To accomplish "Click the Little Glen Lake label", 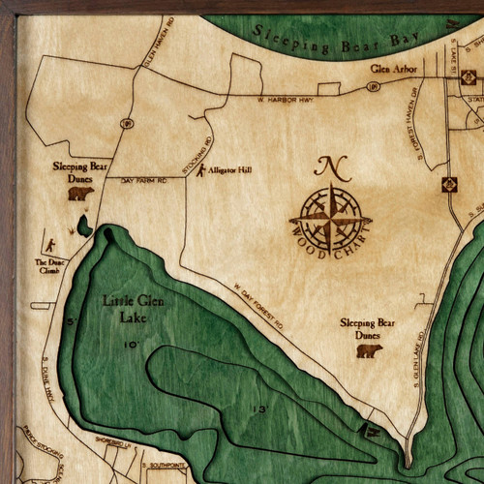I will [x=129, y=308].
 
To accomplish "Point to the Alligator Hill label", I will [x=230, y=170].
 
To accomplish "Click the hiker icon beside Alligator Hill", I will [x=200, y=172].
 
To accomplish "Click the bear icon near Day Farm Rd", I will [x=80, y=193].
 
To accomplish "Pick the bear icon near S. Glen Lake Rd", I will [x=368, y=350].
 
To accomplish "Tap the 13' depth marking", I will [x=259, y=409].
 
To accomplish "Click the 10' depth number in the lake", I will [x=131, y=344].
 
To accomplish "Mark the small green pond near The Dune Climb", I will [x=86, y=226].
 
